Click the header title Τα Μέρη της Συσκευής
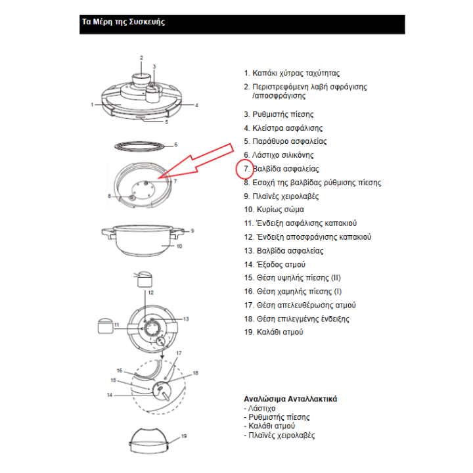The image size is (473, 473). (123, 22)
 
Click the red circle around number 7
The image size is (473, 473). (244, 169)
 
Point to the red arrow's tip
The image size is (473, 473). (157, 179)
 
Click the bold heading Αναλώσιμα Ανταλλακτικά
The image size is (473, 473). (290, 399)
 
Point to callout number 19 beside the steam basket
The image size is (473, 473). (185, 436)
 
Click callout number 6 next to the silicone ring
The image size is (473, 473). (175, 145)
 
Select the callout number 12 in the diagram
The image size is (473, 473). (150, 292)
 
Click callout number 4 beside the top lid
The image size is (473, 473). (197, 105)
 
